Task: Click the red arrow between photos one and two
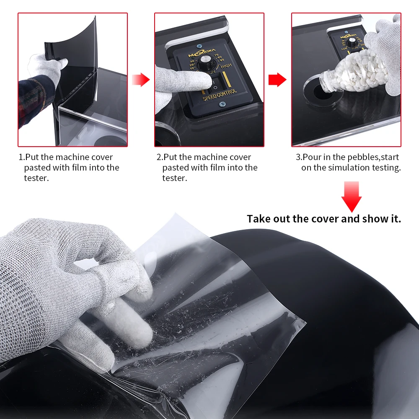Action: pos(141,79)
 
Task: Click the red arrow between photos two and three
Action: pos(277,79)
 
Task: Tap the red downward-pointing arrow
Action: pos(351,196)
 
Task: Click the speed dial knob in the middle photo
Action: pos(206,63)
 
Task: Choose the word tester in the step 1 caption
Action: pos(35,178)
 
